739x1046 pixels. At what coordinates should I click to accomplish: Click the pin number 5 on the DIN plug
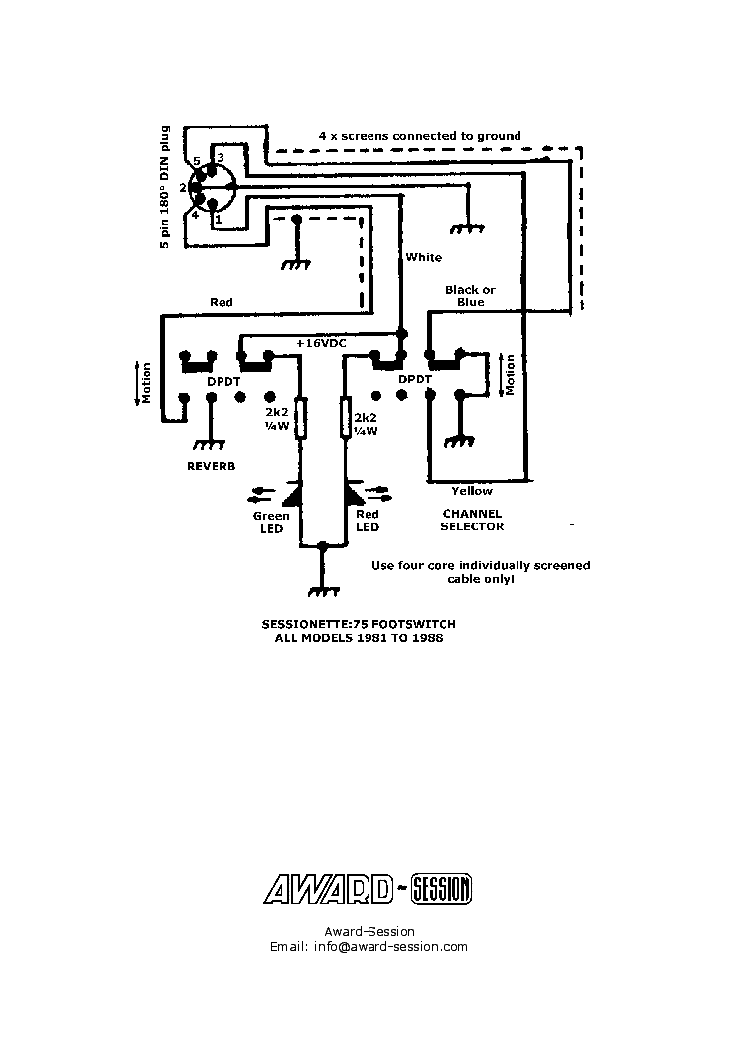tap(197, 161)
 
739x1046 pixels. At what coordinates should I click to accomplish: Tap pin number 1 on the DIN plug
tap(218, 219)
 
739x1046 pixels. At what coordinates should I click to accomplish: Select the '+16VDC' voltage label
tap(320, 342)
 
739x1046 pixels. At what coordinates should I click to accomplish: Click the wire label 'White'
tap(423, 258)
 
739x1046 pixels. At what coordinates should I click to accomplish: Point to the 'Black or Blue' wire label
tap(470, 296)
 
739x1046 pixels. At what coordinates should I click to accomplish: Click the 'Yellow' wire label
tap(471, 491)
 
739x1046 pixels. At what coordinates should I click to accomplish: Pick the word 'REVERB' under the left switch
tap(211, 465)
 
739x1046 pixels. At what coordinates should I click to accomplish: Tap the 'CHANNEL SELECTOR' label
tap(472, 521)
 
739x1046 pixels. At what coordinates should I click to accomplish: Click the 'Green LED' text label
tap(271, 522)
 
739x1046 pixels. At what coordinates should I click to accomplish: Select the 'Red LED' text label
tap(368, 522)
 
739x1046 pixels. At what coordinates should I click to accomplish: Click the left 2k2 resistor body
tap(301, 418)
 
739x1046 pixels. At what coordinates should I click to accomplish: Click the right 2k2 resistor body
tap(345, 418)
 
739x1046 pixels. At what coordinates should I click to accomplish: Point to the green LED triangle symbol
tap(294, 493)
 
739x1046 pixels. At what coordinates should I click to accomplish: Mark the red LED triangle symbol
tap(354, 493)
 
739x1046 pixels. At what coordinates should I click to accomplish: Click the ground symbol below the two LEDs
tap(321, 589)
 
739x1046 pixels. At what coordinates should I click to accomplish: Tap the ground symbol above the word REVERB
tap(211, 444)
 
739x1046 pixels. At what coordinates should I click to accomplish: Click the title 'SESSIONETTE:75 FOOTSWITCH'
tap(359, 624)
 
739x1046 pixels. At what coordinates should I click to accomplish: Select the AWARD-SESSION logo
tap(368, 889)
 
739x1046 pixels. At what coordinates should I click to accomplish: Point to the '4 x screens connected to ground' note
tap(419, 136)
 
